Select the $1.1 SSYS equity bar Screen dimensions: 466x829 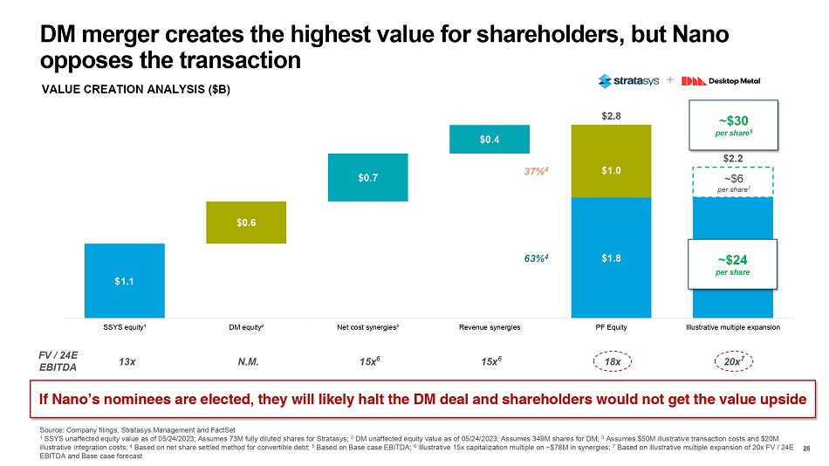point(124,280)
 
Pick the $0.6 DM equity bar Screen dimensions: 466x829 point(246,223)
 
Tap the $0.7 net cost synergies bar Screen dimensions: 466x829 point(367,178)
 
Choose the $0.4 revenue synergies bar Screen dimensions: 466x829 point(489,140)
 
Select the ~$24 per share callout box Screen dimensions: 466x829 point(733,264)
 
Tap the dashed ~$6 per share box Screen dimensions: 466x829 point(733,182)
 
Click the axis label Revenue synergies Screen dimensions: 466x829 point(489,327)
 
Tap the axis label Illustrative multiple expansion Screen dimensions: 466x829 point(732,327)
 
